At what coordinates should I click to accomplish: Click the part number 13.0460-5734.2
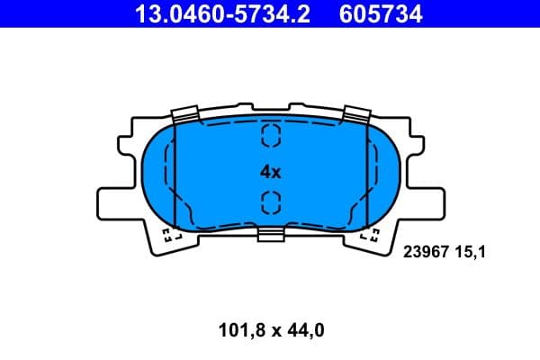pos(223,13)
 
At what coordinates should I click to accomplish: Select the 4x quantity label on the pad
pos(271,171)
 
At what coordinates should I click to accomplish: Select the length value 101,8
pos(238,330)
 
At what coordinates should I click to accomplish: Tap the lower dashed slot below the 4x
pos(271,202)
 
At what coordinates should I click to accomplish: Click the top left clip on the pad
pos(184,114)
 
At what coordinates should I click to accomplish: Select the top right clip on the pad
pos(356,114)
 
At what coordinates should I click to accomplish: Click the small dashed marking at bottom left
pos(170,237)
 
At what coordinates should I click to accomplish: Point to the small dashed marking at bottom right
pos(370,237)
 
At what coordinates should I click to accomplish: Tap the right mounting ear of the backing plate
pos(423,193)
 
